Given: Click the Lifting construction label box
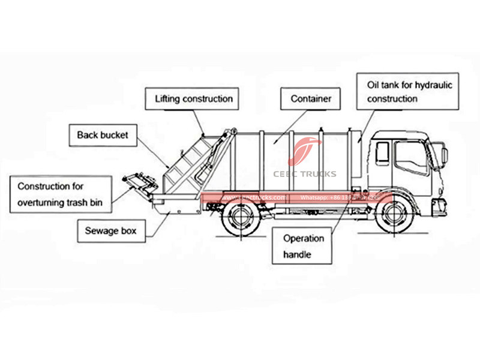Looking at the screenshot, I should point(193,98).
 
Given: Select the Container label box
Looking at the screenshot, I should point(311,98).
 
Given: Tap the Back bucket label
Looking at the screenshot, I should point(102,135).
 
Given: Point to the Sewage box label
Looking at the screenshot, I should point(111,230).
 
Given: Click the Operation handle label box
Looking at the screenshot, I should point(304,246).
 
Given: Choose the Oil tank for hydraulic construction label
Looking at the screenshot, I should point(409,91).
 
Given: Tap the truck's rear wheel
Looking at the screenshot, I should point(238,217).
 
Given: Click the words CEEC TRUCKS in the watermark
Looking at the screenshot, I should point(304,174).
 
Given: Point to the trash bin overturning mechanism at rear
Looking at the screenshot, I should point(137,182).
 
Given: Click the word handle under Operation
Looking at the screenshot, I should point(297,254).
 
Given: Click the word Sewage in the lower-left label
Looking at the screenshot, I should point(98,230).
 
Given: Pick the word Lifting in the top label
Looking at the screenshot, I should point(169,98).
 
